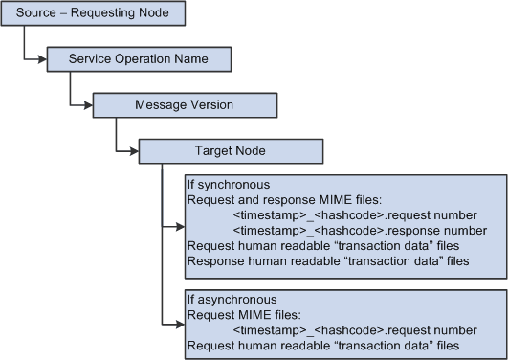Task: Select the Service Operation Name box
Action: click(x=138, y=59)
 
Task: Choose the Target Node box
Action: click(x=230, y=150)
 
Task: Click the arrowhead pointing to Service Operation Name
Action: click(x=41, y=60)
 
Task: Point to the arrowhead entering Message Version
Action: click(x=87, y=105)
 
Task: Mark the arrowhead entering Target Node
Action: click(x=134, y=150)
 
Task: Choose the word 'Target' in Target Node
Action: click(x=213, y=150)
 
